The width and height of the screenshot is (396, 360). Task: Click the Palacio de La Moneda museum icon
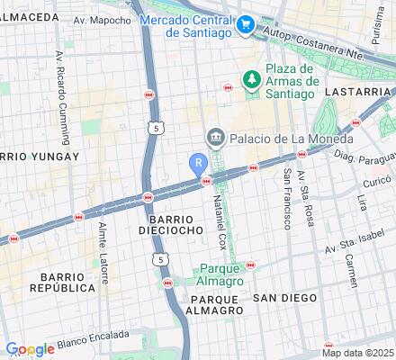[x=215, y=138]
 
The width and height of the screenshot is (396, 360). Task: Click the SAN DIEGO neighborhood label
[x=284, y=297]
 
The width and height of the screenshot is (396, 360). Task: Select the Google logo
[x=29, y=349]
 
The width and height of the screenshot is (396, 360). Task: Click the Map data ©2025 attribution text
[x=357, y=353]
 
